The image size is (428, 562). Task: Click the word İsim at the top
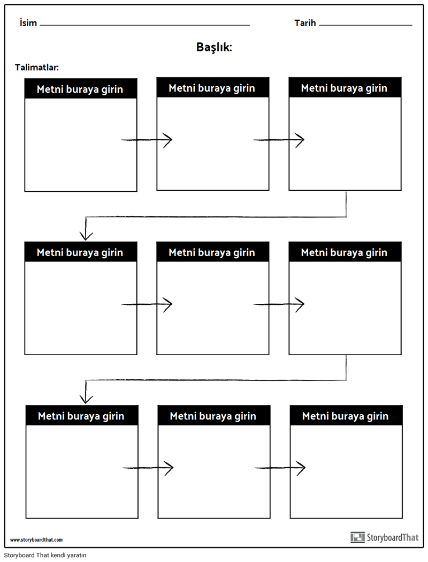pos(28,23)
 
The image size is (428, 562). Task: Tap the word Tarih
pos(305,23)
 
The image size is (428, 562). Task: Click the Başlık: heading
pos(214,47)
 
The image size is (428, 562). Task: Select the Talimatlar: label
pos(37,68)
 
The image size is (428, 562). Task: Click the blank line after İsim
pos(145,25)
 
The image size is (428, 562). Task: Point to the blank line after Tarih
pos(366,25)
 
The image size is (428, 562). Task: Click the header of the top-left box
pos(81,88)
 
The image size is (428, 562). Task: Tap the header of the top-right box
pos(345,87)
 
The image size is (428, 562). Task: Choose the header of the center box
pos(213,252)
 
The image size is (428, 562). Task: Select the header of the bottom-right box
pos(346,415)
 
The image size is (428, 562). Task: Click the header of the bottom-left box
pos(82,415)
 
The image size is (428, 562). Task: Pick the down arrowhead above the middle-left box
pos(86,236)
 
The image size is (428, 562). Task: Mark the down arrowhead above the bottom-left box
pos(86,399)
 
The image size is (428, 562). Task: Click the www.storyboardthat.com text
pos(36,540)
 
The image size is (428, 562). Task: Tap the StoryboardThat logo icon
pos(357,537)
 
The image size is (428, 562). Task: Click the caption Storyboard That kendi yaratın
pos(45,555)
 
